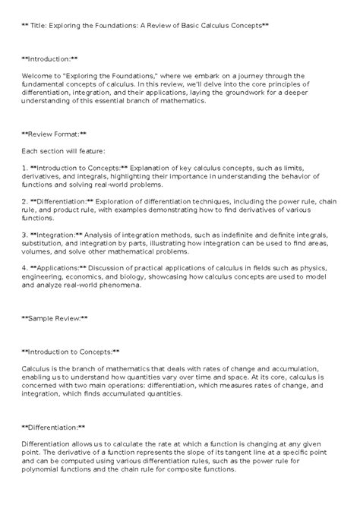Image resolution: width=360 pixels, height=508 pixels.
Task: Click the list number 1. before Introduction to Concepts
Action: click(25, 166)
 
